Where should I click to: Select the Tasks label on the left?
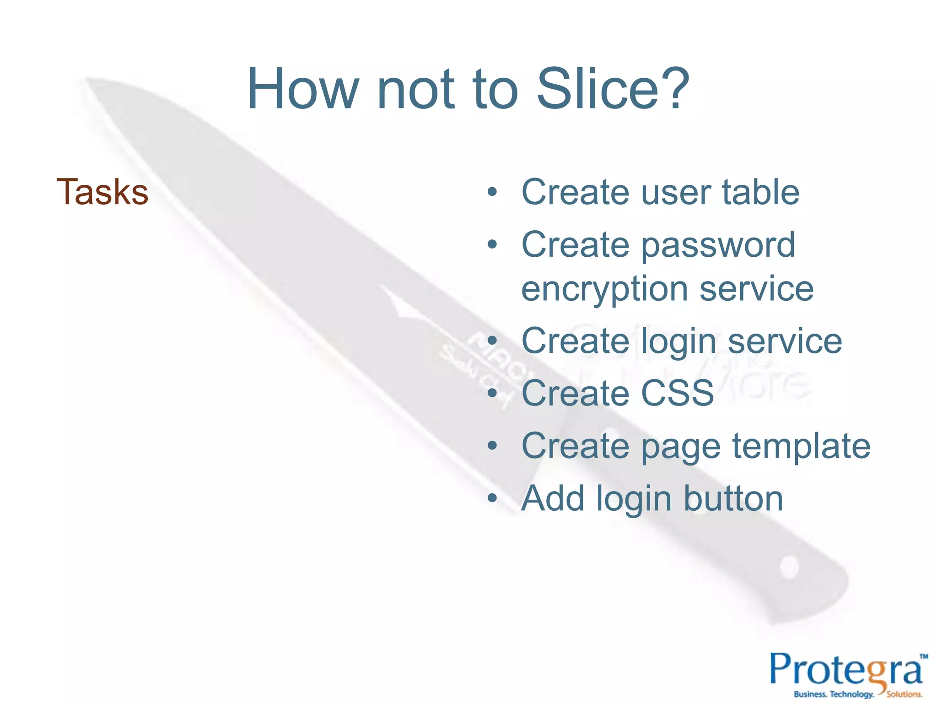(x=102, y=192)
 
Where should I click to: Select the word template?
(x=801, y=446)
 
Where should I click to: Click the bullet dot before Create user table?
(x=492, y=193)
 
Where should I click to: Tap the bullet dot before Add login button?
(x=492, y=498)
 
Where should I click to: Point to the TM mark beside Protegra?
(x=924, y=656)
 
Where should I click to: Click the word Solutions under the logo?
(x=904, y=694)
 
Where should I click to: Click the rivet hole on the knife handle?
(x=789, y=567)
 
